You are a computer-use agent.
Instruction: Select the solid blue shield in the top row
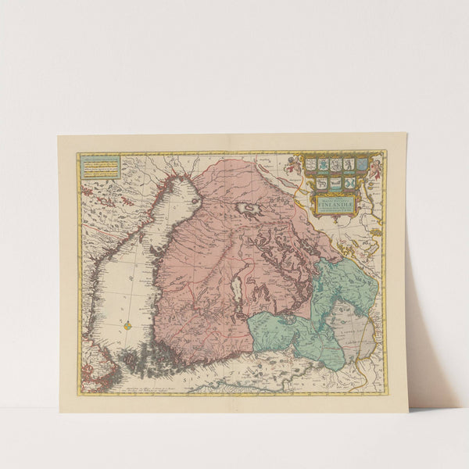click(x=362, y=164)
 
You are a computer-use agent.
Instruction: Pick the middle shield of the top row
click(x=335, y=164)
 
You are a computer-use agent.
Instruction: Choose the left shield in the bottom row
click(x=323, y=182)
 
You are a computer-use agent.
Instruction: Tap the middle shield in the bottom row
click(x=336, y=182)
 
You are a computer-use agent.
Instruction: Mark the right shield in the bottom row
click(x=349, y=182)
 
